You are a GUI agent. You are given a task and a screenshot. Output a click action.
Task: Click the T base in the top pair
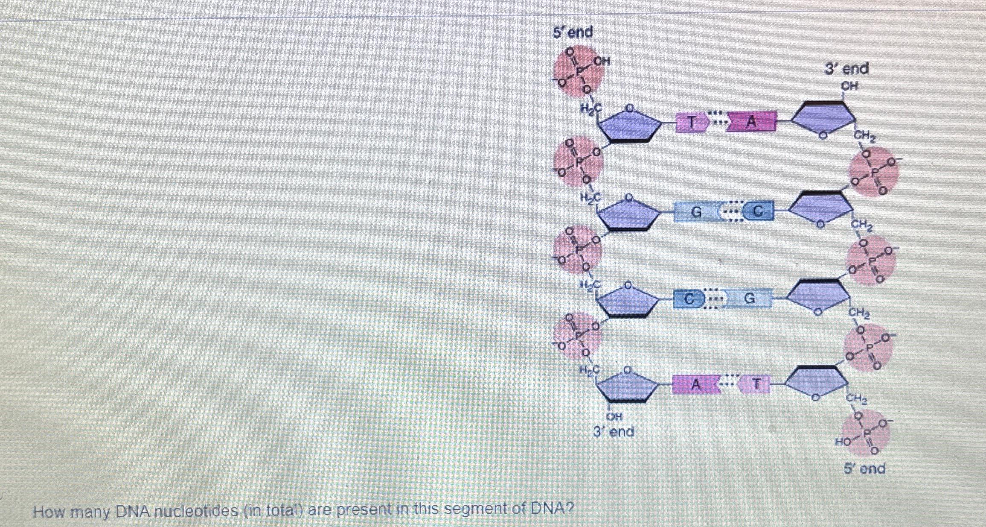click(692, 123)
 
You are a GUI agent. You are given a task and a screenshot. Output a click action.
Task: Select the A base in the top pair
click(751, 122)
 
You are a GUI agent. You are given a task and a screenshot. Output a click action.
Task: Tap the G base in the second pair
click(696, 212)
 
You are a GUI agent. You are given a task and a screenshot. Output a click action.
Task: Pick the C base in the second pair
click(758, 211)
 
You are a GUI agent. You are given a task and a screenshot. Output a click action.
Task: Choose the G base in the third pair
click(750, 299)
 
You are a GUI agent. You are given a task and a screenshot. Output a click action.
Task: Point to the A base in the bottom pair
click(695, 384)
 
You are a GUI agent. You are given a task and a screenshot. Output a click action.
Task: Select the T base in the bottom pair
click(756, 384)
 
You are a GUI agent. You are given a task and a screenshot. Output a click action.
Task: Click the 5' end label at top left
click(572, 32)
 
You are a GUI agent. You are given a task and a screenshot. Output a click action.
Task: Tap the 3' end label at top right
click(846, 69)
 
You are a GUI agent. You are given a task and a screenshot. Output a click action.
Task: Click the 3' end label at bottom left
click(614, 432)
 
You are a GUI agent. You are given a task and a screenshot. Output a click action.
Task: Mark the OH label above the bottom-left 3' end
click(614, 416)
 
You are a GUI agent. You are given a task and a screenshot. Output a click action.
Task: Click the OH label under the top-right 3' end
click(849, 86)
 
